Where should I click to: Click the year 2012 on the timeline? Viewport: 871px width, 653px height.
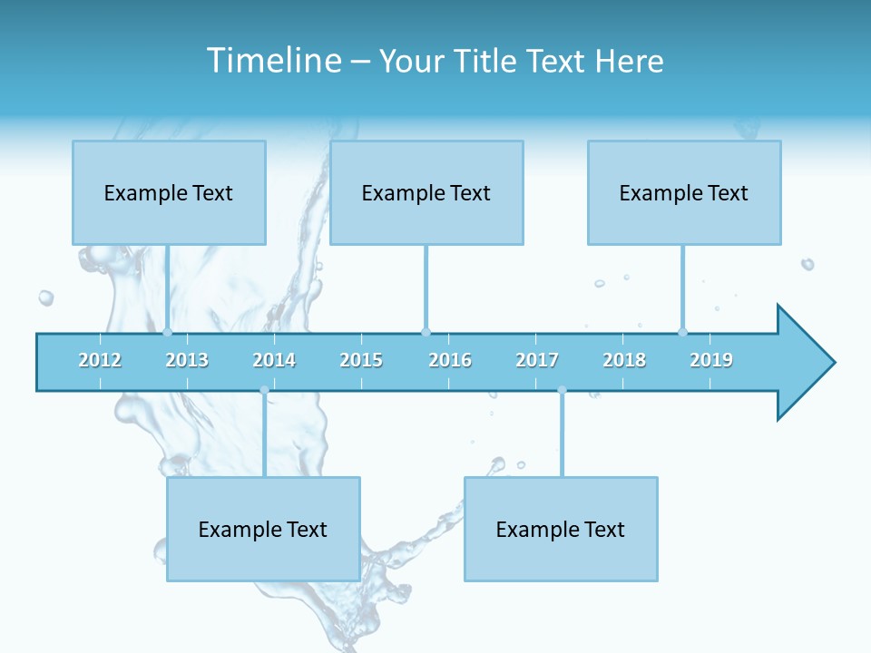coord(100,360)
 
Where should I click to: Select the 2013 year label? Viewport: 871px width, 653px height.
coord(187,360)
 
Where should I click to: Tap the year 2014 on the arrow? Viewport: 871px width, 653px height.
coord(274,360)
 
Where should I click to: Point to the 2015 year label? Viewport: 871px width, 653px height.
coord(361,360)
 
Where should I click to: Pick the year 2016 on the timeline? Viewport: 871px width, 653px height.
coord(450,360)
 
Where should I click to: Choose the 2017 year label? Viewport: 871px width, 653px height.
coord(537,360)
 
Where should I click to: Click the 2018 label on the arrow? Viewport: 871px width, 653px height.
coord(624,360)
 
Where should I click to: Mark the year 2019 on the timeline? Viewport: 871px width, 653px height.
coord(711,360)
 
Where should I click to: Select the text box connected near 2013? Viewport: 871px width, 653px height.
coord(169,192)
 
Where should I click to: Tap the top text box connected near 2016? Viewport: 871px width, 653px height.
coord(426,192)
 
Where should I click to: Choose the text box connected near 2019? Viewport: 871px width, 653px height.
coord(684,192)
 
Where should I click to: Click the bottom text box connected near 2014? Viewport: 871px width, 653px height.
coord(263,529)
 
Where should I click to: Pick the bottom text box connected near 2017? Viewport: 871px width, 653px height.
coord(561,529)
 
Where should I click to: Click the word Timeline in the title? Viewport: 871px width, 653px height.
coord(272,61)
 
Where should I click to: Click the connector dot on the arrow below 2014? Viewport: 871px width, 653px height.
coord(264,390)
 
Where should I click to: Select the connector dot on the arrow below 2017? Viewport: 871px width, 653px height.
coord(562,390)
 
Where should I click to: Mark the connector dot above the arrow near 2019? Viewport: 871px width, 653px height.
coord(683,332)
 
